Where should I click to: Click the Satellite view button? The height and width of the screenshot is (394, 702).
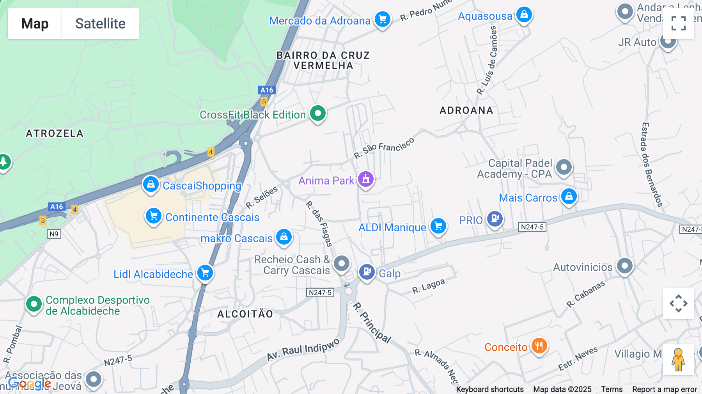click(100, 23)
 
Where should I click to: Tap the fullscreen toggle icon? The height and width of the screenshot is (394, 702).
click(678, 23)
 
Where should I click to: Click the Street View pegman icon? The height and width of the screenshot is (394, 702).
click(678, 359)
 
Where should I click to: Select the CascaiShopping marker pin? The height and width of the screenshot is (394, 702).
click(151, 184)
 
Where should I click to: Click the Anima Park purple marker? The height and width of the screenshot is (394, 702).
click(366, 179)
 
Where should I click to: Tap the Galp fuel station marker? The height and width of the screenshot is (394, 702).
click(367, 272)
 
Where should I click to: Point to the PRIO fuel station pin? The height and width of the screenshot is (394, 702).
click(495, 219)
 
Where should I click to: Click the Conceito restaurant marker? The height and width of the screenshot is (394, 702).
click(539, 346)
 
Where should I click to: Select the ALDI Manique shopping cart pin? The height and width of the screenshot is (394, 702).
click(438, 226)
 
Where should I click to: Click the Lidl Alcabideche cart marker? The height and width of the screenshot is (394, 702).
click(205, 273)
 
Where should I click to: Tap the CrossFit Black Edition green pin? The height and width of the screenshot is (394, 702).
click(318, 114)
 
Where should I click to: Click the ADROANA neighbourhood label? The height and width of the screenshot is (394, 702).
click(466, 110)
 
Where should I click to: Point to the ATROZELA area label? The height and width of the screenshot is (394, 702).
click(55, 133)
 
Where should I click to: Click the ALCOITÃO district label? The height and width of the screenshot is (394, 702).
click(245, 314)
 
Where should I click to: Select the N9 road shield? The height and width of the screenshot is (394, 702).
click(54, 234)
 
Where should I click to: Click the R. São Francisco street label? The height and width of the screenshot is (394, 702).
click(384, 148)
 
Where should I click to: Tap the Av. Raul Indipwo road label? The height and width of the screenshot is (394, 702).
click(303, 350)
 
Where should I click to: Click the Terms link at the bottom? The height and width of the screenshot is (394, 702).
click(612, 389)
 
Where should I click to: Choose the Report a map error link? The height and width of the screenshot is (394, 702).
click(665, 389)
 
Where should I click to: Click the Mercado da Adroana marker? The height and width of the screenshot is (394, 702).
click(383, 19)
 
